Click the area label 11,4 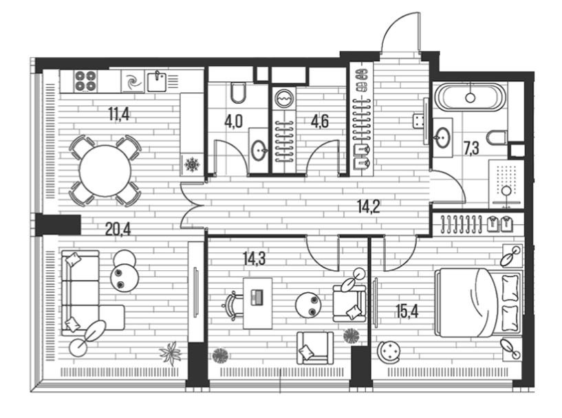(x=118, y=114)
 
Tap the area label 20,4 (x=118, y=228)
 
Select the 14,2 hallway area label (x=369, y=206)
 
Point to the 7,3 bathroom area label (x=471, y=148)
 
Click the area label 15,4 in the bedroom (x=407, y=311)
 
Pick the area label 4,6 (x=319, y=122)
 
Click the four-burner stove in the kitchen (x=85, y=81)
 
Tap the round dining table (x=105, y=171)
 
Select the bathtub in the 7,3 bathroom (x=471, y=97)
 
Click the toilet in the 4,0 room (x=238, y=92)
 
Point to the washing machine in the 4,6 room (x=284, y=98)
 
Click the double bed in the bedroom (x=478, y=302)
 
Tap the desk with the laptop (x=257, y=303)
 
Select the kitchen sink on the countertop (x=157, y=82)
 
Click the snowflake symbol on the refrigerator (x=192, y=165)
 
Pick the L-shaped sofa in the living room (x=92, y=293)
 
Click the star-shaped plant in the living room (x=171, y=353)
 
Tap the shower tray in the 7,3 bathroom (x=506, y=184)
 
